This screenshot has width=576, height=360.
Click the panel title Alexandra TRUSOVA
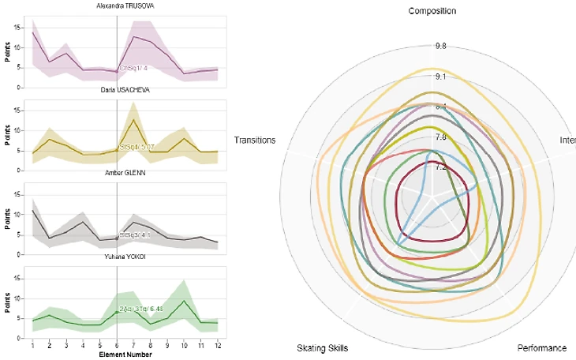125,6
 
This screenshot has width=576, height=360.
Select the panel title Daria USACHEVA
125,90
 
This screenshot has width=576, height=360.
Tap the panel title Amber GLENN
125,173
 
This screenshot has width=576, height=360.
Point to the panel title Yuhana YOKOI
125,257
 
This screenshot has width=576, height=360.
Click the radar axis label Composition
432,11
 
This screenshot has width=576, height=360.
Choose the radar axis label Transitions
255,141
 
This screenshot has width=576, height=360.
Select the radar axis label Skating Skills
322,348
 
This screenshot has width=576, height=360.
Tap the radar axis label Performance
541,348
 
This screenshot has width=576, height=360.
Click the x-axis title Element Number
125,355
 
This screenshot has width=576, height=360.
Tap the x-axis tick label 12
217,346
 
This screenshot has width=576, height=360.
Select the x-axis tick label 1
32,346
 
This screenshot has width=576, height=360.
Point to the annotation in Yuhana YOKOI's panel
134,309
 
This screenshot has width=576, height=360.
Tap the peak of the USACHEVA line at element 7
134,119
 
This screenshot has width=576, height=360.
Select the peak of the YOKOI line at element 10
184,301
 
